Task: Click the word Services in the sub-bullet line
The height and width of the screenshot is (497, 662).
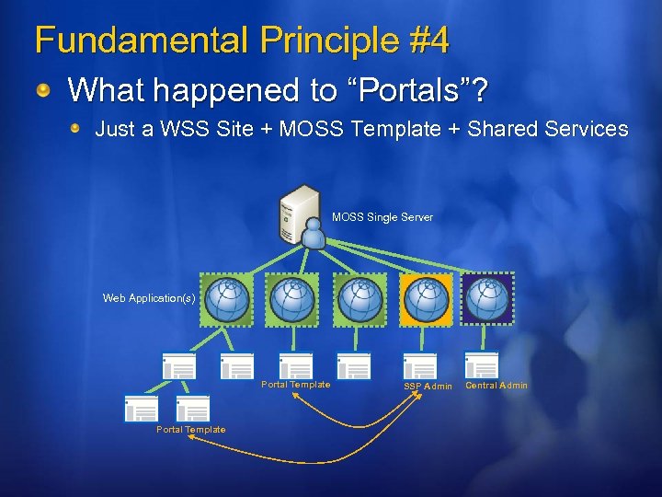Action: (x=585, y=129)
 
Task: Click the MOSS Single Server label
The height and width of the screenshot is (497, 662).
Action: (x=382, y=217)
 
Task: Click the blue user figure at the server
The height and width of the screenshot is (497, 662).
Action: (x=314, y=235)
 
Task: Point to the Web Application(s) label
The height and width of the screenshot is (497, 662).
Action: (x=149, y=298)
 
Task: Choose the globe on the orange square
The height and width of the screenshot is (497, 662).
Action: (x=426, y=298)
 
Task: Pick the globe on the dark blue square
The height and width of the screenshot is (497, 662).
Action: (x=487, y=298)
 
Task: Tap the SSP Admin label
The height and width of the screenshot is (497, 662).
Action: (x=428, y=387)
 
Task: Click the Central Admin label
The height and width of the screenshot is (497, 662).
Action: (x=496, y=386)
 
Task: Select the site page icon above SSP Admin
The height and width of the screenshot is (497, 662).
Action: (x=420, y=365)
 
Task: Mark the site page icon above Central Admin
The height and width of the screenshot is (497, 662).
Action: (x=482, y=365)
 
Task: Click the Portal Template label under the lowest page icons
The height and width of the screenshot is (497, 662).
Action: (x=190, y=430)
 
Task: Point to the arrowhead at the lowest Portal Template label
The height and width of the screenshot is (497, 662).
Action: (x=191, y=440)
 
